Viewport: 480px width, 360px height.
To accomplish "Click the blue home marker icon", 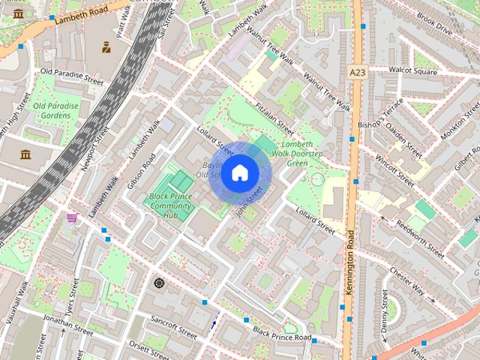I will tap(239, 172).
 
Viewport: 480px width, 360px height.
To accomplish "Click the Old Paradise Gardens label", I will tap(55, 111).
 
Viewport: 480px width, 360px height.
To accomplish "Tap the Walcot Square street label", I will tap(412, 71).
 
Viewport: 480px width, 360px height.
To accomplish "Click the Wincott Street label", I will tap(394, 170).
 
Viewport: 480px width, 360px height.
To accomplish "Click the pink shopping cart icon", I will tap(72, 218).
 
